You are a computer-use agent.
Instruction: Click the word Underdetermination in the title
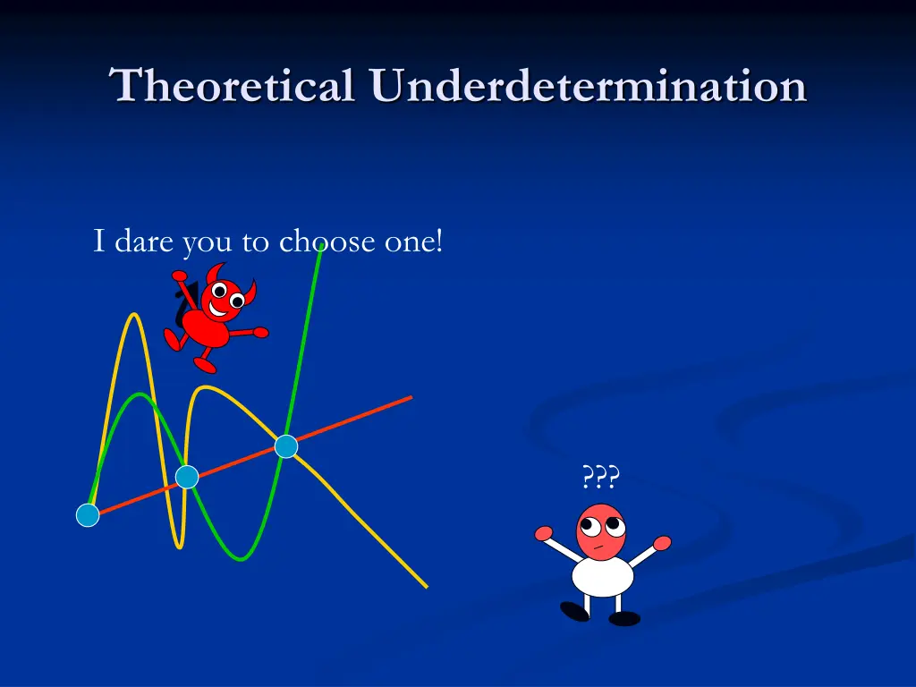pos(589,87)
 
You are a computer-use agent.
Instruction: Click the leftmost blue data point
pos(88,515)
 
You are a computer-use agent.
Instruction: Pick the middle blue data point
pos(186,477)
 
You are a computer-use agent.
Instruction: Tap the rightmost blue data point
pos(285,446)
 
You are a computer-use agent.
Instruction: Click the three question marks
pos(600,478)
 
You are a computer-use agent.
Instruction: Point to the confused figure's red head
pos(600,531)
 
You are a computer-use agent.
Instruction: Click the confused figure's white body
pos(603,576)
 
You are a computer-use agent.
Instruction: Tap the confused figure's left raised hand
pos(543,534)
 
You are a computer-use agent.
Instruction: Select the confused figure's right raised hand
pos(662,543)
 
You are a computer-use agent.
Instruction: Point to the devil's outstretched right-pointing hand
pos(260,332)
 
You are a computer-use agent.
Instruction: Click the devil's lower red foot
pos(205,365)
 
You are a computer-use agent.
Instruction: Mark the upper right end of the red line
pos(410,397)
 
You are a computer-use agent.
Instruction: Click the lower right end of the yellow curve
pos(426,587)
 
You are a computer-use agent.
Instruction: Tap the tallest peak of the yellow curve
pos(134,315)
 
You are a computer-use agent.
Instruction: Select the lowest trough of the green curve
pos(241,559)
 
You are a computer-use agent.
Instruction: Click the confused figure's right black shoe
pos(624,618)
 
